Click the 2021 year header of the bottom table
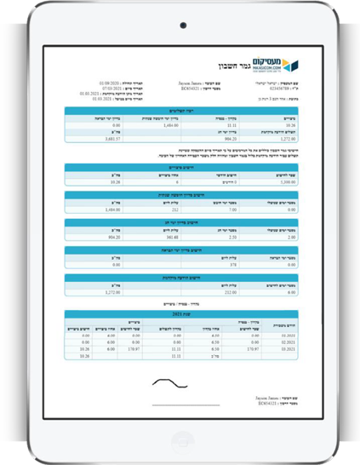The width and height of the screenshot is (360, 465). (180, 313)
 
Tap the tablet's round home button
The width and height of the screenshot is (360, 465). (180, 443)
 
